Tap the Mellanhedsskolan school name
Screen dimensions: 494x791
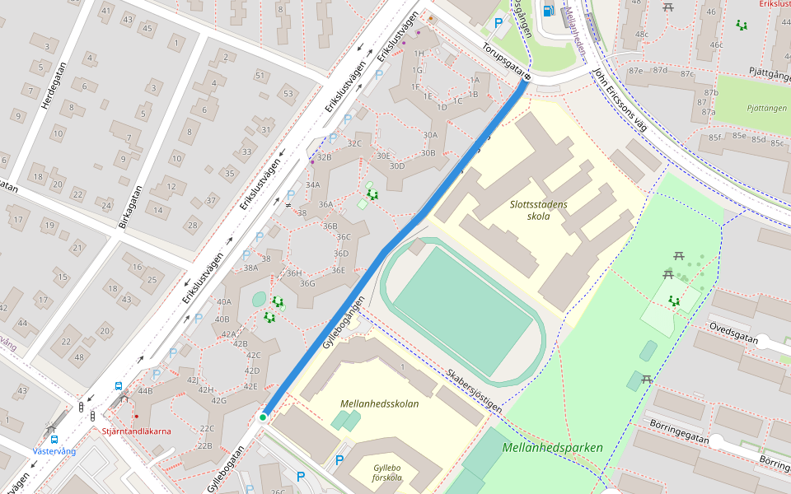(x=379, y=403)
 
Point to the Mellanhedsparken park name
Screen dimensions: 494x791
(x=552, y=448)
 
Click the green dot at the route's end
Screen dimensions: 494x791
(x=263, y=417)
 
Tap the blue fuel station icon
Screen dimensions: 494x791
(x=548, y=11)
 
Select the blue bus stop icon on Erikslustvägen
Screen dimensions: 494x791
(x=119, y=385)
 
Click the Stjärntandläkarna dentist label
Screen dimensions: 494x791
(x=137, y=431)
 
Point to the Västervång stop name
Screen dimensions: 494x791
(x=54, y=451)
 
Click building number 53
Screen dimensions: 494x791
(x=288, y=93)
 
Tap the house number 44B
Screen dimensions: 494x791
(x=145, y=391)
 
